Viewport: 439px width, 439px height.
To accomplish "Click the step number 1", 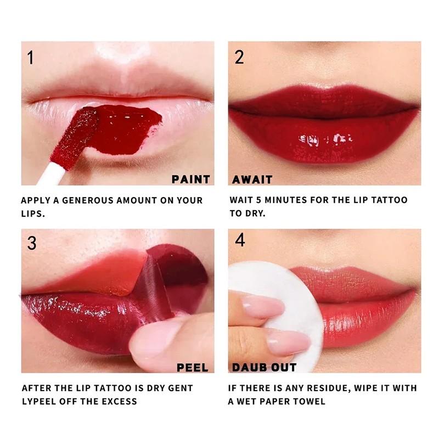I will click(x=30, y=57).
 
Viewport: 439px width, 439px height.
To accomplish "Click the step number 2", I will click(x=239, y=57).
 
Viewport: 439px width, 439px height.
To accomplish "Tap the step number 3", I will click(x=31, y=243).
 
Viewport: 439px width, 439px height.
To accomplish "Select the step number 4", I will click(x=240, y=240).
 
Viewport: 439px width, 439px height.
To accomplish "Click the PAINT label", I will click(x=190, y=179).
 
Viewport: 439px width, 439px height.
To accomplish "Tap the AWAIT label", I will click(x=252, y=179).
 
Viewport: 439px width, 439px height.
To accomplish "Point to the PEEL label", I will click(x=192, y=367).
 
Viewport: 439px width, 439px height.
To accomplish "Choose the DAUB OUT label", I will click(x=264, y=367).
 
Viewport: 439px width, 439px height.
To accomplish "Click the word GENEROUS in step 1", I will click(x=88, y=200).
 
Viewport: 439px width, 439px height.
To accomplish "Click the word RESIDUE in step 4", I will click(x=317, y=388).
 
